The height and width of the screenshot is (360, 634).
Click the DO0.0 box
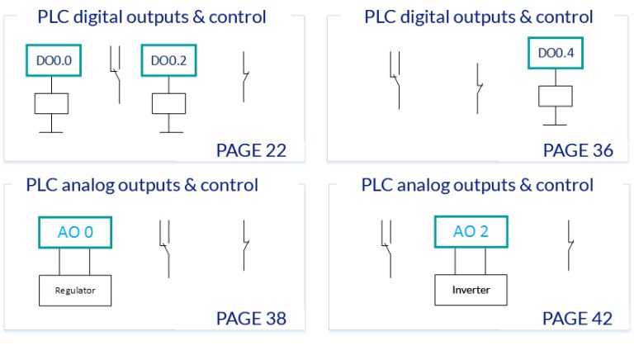pyautogui.click(x=51, y=59)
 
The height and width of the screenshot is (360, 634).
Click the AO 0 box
pyautogui.click(x=74, y=232)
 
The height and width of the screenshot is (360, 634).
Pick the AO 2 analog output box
pyautogui.click(x=471, y=231)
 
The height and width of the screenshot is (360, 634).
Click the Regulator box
pyautogui.click(x=75, y=291)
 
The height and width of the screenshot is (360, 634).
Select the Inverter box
pyautogui.click(x=471, y=291)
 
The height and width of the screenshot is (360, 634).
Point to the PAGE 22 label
pyautogui.click(x=251, y=150)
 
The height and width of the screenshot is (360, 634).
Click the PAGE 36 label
pyautogui.click(x=578, y=150)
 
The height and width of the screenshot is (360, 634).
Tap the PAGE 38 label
pyautogui.click(x=251, y=318)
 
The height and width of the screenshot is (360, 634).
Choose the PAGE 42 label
pyautogui.click(x=578, y=318)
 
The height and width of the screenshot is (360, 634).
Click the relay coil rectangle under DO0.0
pyautogui.click(x=51, y=103)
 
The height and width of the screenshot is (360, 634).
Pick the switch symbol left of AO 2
pyautogui.click(x=386, y=245)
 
